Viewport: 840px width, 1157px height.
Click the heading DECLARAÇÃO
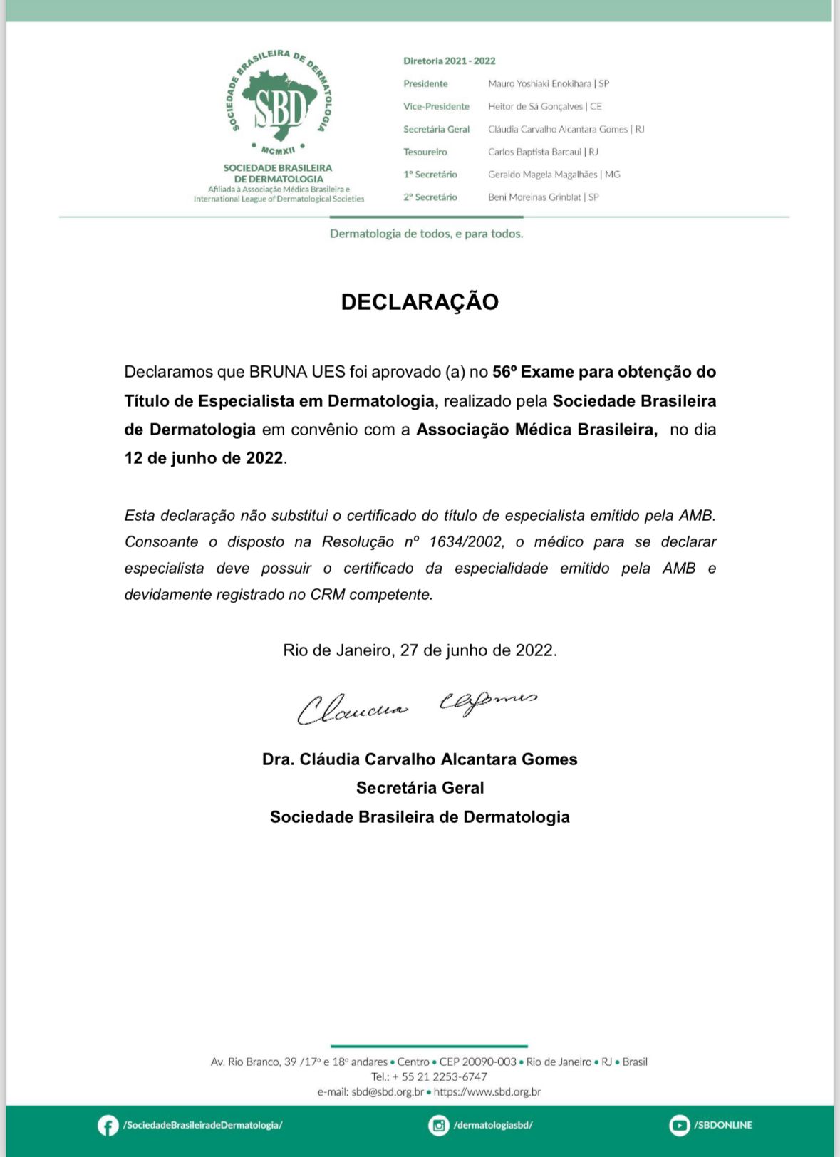point(420,302)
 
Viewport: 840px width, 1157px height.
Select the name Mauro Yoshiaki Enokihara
point(539,83)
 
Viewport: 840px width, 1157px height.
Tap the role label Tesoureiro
point(425,152)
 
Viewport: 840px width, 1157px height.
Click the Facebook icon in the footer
point(108,1126)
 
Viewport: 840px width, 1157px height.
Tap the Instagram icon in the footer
point(439,1126)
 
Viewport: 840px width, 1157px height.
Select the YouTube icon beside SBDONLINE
point(679,1126)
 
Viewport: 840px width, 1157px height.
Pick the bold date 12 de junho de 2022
point(204,458)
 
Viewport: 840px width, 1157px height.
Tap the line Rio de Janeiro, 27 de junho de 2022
point(420,650)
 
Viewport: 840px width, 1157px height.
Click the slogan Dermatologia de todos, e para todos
point(426,234)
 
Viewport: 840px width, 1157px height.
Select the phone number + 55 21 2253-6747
point(440,1076)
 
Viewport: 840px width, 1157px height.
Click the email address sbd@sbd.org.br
point(388,1091)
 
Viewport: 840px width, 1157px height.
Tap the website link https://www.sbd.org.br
point(487,1091)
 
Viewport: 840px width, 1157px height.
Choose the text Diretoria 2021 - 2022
point(449,61)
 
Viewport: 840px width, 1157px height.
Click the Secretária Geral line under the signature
point(420,788)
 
